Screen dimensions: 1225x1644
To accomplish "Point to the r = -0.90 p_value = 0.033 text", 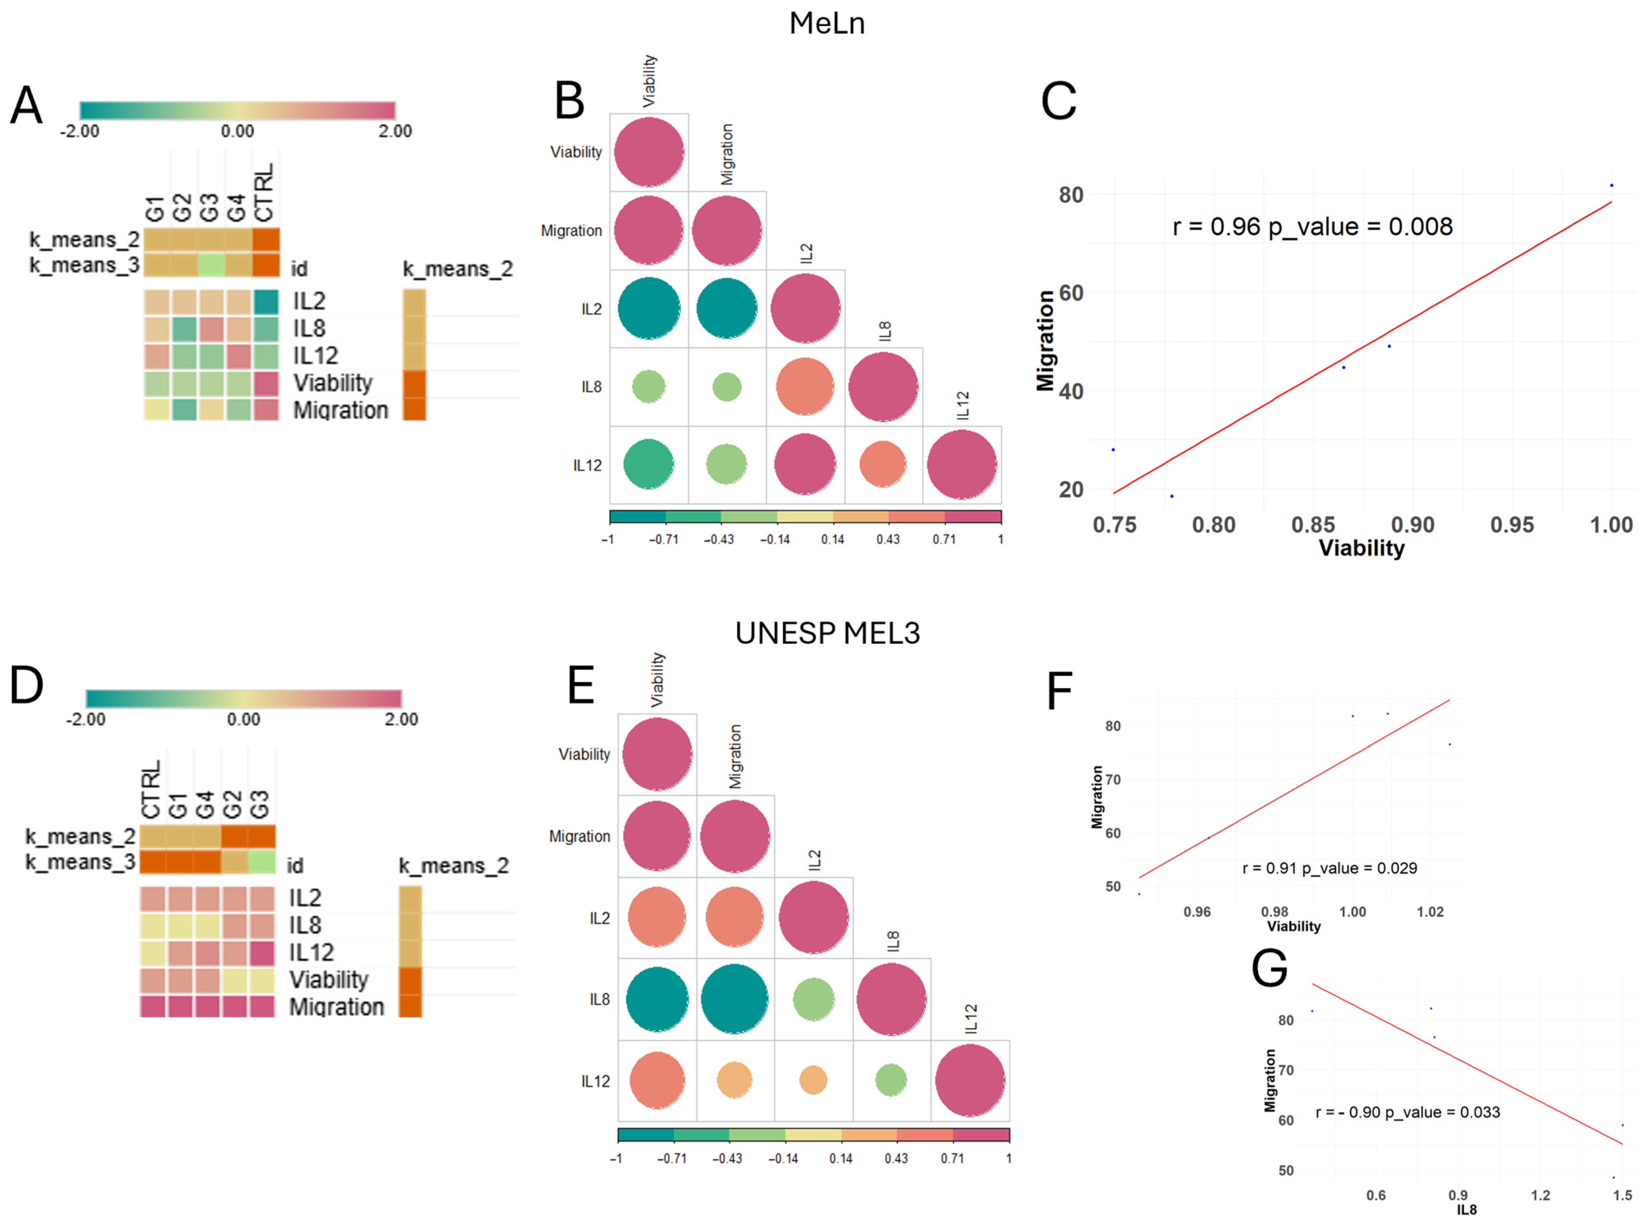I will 1407,1112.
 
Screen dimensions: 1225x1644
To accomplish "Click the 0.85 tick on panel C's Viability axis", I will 1312,525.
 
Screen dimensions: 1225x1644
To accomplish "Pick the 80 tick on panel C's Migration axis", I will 1071,195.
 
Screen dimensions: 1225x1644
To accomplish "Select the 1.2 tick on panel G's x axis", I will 1540,1195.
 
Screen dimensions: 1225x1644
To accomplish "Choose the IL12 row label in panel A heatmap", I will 315,356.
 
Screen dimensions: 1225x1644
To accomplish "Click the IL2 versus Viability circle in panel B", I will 649,309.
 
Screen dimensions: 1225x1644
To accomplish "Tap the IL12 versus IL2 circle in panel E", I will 813,1080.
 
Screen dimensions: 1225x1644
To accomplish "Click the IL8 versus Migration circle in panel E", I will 734,999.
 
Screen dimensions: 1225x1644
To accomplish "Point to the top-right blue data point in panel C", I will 1611,185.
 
